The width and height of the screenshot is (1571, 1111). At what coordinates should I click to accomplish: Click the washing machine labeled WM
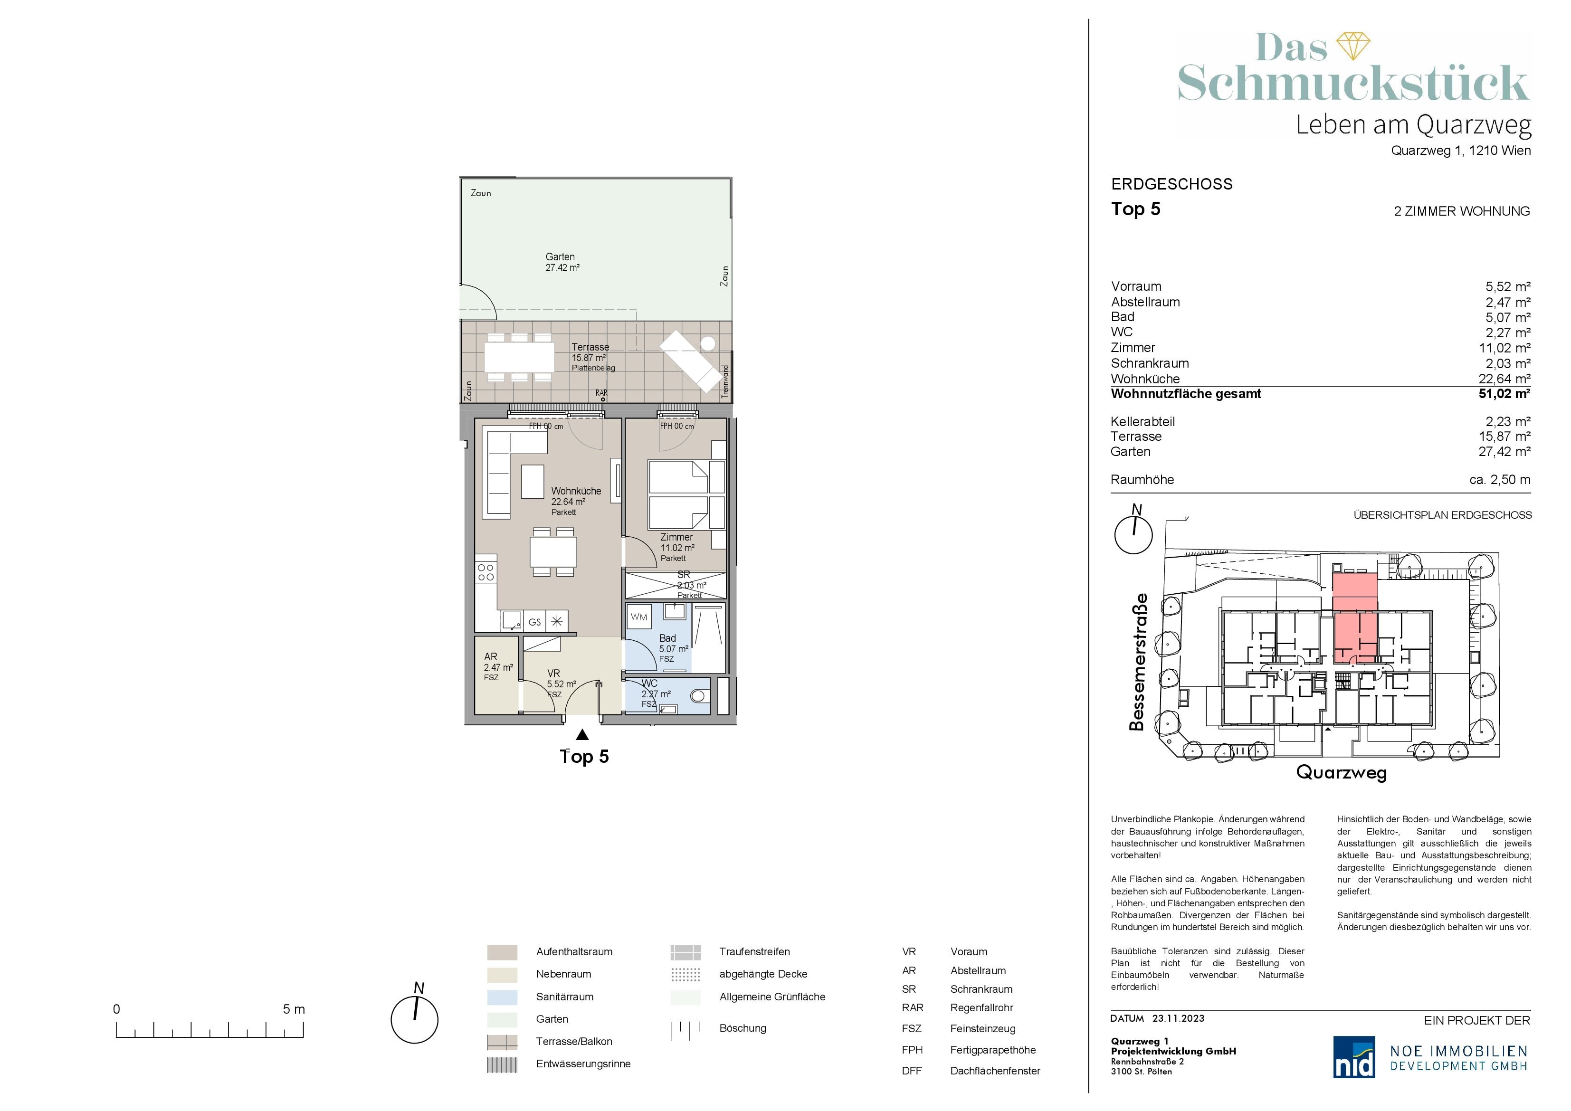[x=639, y=617]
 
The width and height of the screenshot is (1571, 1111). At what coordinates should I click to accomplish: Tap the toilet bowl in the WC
[x=697, y=696]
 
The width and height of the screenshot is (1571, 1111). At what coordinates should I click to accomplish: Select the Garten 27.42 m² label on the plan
[x=562, y=262]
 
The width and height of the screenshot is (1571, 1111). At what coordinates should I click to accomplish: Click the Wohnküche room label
[x=576, y=491]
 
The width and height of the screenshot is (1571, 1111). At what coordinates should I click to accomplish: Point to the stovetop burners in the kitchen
[x=486, y=572]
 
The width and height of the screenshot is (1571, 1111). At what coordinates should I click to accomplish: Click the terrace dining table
[x=519, y=357]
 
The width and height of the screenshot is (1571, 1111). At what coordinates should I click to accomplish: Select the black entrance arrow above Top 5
[x=582, y=735]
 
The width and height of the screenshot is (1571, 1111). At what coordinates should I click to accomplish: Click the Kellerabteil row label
[x=1143, y=421]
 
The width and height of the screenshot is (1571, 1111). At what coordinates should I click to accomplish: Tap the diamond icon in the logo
[x=1353, y=45]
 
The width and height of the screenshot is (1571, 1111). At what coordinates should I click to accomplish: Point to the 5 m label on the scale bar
[x=294, y=1009]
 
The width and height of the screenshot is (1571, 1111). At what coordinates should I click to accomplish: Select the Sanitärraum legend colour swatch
[x=502, y=997]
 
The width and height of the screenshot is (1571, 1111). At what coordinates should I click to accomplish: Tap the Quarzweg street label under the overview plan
[x=1342, y=772]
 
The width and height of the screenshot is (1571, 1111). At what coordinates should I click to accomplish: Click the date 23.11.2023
[x=1178, y=1018]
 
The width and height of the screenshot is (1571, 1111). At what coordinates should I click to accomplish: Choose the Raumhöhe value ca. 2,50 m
[x=1500, y=480]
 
